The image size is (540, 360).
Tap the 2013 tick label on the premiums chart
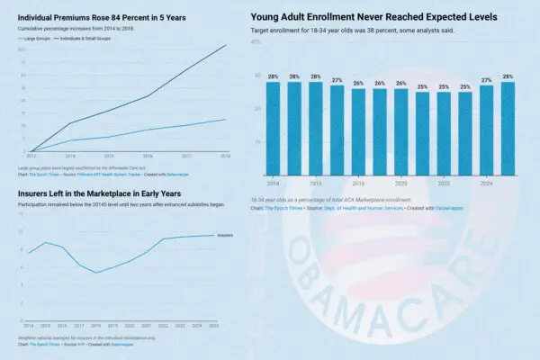(x=31, y=156)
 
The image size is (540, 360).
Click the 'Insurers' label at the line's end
(x=225, y=235)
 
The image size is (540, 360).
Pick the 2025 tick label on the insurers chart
(x=213, y=325)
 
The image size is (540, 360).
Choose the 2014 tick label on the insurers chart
(x=29, y=325)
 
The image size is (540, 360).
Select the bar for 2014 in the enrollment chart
(x=273, y=126)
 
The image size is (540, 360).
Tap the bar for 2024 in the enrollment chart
(x=487, y=128)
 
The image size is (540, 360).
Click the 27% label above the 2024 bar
(x=487, y=80)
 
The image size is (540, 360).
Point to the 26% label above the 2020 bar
(x=401, y=83)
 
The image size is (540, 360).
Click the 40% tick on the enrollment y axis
(x=256, y=41)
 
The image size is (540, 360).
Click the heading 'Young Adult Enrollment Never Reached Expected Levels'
(x=373, y=16)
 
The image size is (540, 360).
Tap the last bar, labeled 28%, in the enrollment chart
(x=508, y=126)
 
